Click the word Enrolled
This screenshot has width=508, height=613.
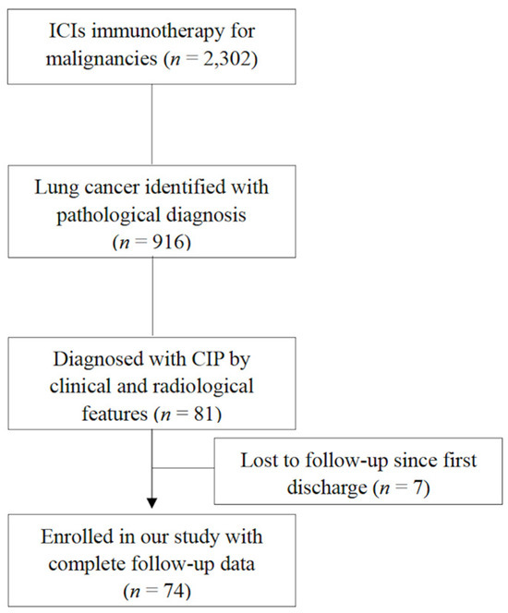(76, 535)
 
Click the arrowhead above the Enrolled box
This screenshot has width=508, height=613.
(151, 504)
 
